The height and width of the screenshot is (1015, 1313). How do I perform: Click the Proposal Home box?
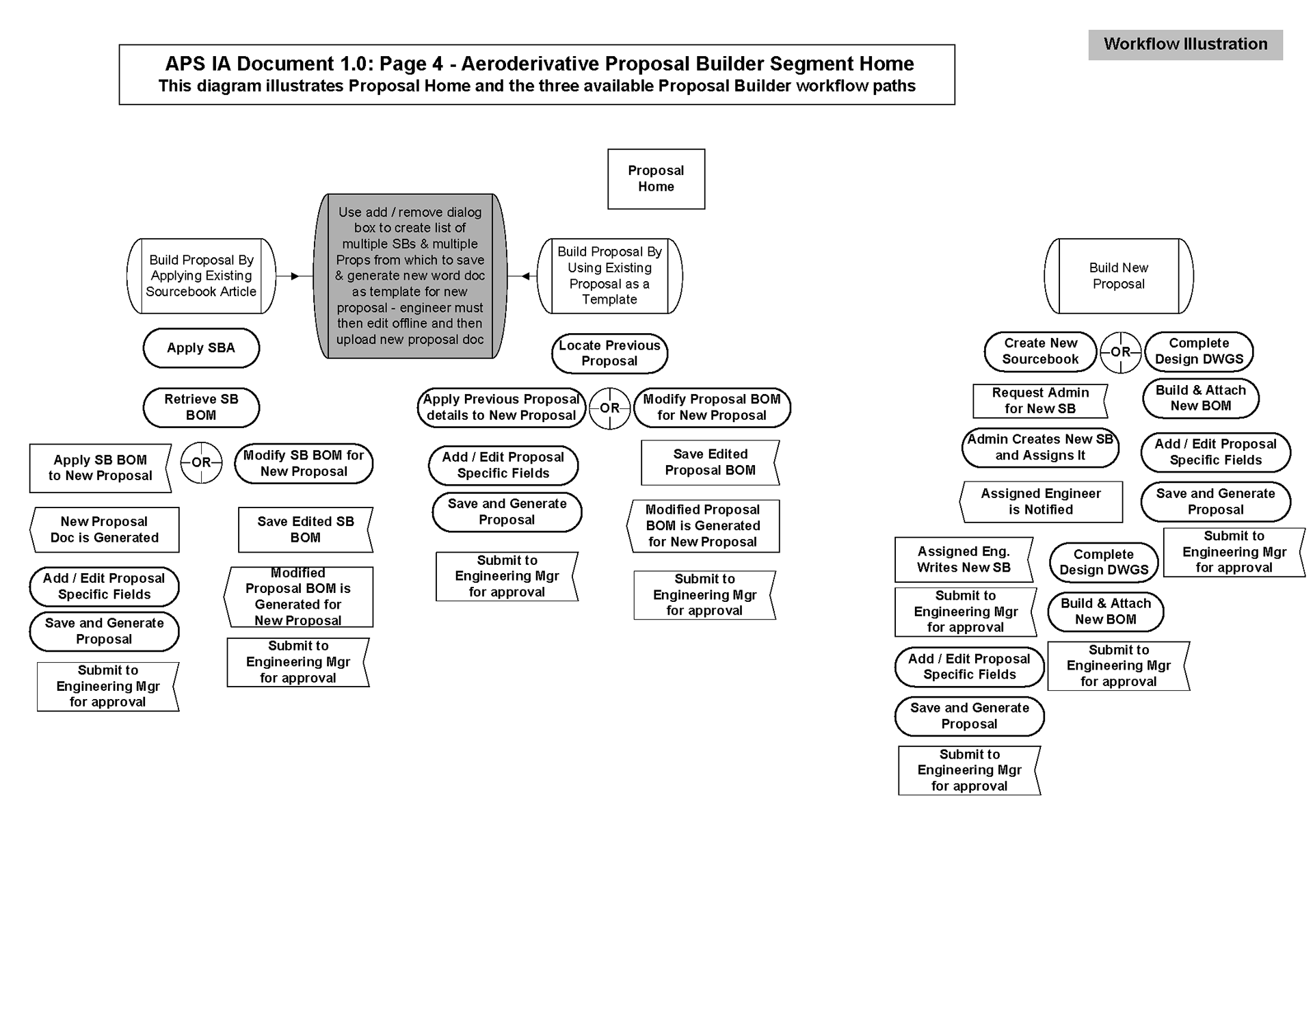tap(656, 179)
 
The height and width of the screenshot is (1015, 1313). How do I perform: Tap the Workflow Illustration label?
tap(1185, 44)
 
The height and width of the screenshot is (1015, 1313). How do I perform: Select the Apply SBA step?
tap(201, 348)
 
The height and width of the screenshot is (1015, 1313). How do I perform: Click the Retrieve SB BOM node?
tap(201, 408)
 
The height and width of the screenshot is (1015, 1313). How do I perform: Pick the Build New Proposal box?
tap(1118, 276)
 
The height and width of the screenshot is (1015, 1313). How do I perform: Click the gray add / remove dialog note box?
tap(410, 276)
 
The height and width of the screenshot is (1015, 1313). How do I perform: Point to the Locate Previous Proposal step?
tap(609, 354)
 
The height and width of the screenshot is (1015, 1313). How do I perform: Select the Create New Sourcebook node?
tap(1040, 352)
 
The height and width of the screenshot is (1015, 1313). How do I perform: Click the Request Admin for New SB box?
tap(1040, 401)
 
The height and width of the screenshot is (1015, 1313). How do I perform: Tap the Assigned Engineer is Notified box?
tap(1041, 502)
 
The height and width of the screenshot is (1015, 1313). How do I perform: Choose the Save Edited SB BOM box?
tap(306, 529)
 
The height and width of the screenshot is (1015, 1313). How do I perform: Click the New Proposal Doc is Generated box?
tap(105, 529)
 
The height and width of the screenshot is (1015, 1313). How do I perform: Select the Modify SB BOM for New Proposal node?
tap(304, 464)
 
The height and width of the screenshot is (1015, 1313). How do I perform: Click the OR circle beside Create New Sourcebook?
tap(1120, 352)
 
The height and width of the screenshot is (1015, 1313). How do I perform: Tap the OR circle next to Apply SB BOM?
tap(201, 462)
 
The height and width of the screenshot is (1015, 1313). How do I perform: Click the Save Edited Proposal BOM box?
tap(710, 462)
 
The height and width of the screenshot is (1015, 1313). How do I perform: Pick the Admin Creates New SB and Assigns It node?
tap(1040, 447)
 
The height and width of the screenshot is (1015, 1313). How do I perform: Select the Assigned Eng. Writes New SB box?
tap(964, 559)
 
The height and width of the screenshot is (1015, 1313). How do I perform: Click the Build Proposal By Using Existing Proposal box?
tap(609, 276)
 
